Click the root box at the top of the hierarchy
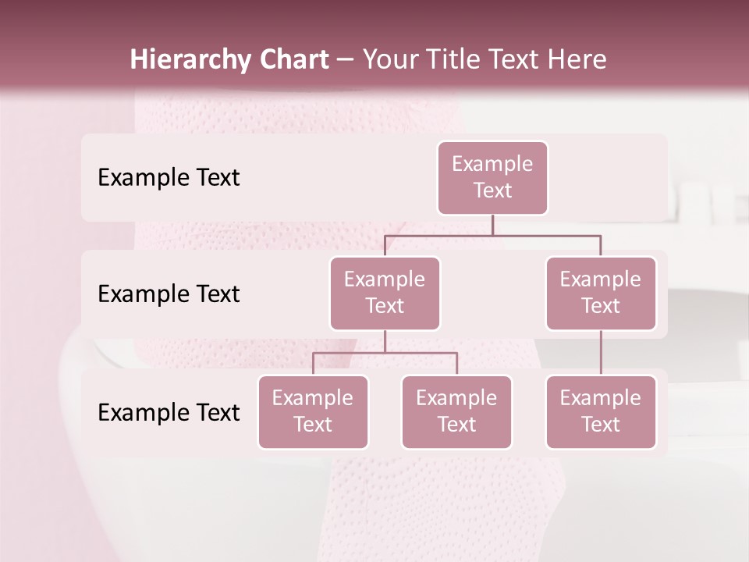pyautogui.click(x=492, y=178)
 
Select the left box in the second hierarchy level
pyautogui.click(x=385, y=293)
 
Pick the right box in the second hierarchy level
pyautogui.click(x=601, y=293)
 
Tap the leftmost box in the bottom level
pyautogui.click(x=313, y=412)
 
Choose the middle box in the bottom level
pyautogui.click(x=456, y=412)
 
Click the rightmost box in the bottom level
pyautogui.click(x=601, y=412)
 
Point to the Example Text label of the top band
pyautogui.click(x=169, y=178)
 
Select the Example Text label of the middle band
pyautogui.click(x=169, y=294)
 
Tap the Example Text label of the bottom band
pyautogui.click(x=169, y=413)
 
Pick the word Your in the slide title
pyautogui.click(x=389, y=59)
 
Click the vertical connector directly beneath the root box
pyautogui.click(x=492, y=225)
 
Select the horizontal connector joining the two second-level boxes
pyautogui.click(x=492, y=235)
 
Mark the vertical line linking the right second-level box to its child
pyautogui.click(x=601, y=353)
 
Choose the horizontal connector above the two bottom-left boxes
pyautogui.click(x=385, y=353)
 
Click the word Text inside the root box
pyautogui.click(x=492, y=190)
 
